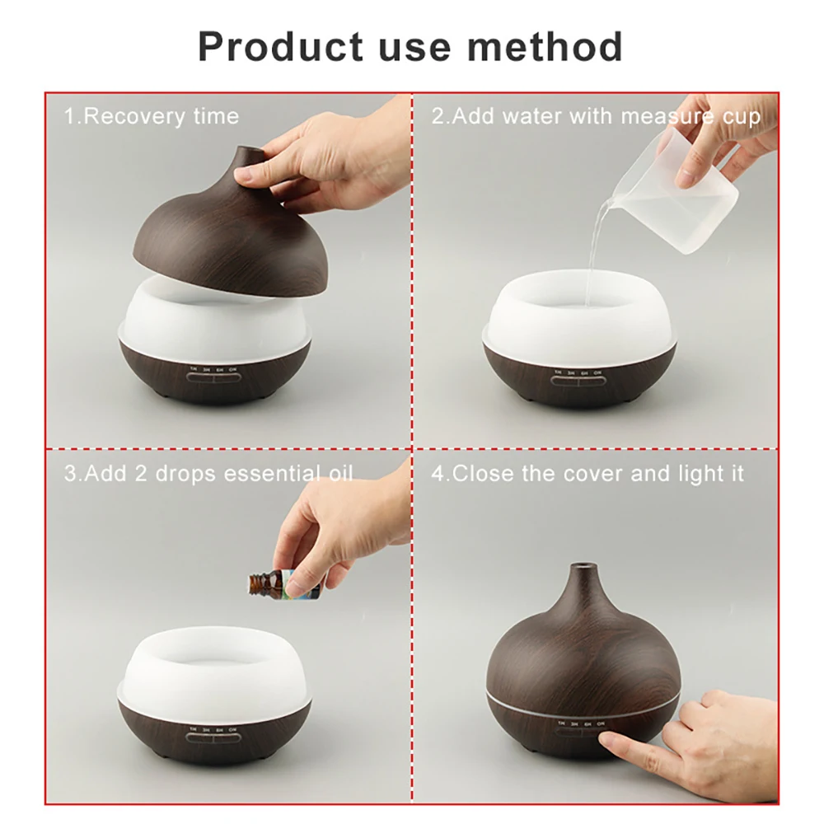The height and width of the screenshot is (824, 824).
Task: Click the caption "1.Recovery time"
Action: click(x=152, y=116)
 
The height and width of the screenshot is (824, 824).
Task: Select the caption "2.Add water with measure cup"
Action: click(x=596, y=116)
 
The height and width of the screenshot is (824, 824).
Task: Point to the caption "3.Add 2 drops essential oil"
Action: click(x=208, y=474)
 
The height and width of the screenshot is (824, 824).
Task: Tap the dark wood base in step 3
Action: click(x=215, y=733)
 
